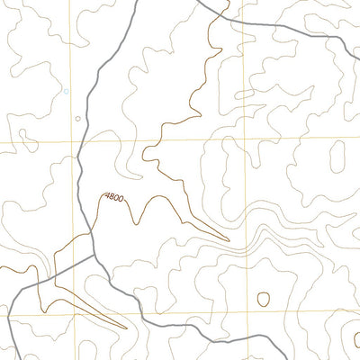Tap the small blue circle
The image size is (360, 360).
(66, 91)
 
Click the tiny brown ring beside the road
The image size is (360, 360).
(77, 118)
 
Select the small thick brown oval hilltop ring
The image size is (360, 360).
(264, 299)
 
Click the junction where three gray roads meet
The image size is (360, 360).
(94, 256)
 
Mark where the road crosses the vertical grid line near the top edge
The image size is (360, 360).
(243, 17)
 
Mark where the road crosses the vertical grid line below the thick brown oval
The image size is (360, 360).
(245, 335)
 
